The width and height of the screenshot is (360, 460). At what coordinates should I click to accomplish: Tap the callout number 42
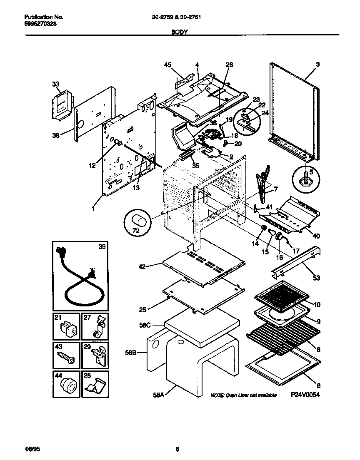click(x=142, y=266)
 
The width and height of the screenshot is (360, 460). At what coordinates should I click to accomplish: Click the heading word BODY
click(x=180, y=31)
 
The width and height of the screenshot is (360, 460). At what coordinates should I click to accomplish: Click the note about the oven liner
click(x=243, y=395)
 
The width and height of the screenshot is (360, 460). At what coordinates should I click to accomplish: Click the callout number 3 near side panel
click(x=317, y=65)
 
